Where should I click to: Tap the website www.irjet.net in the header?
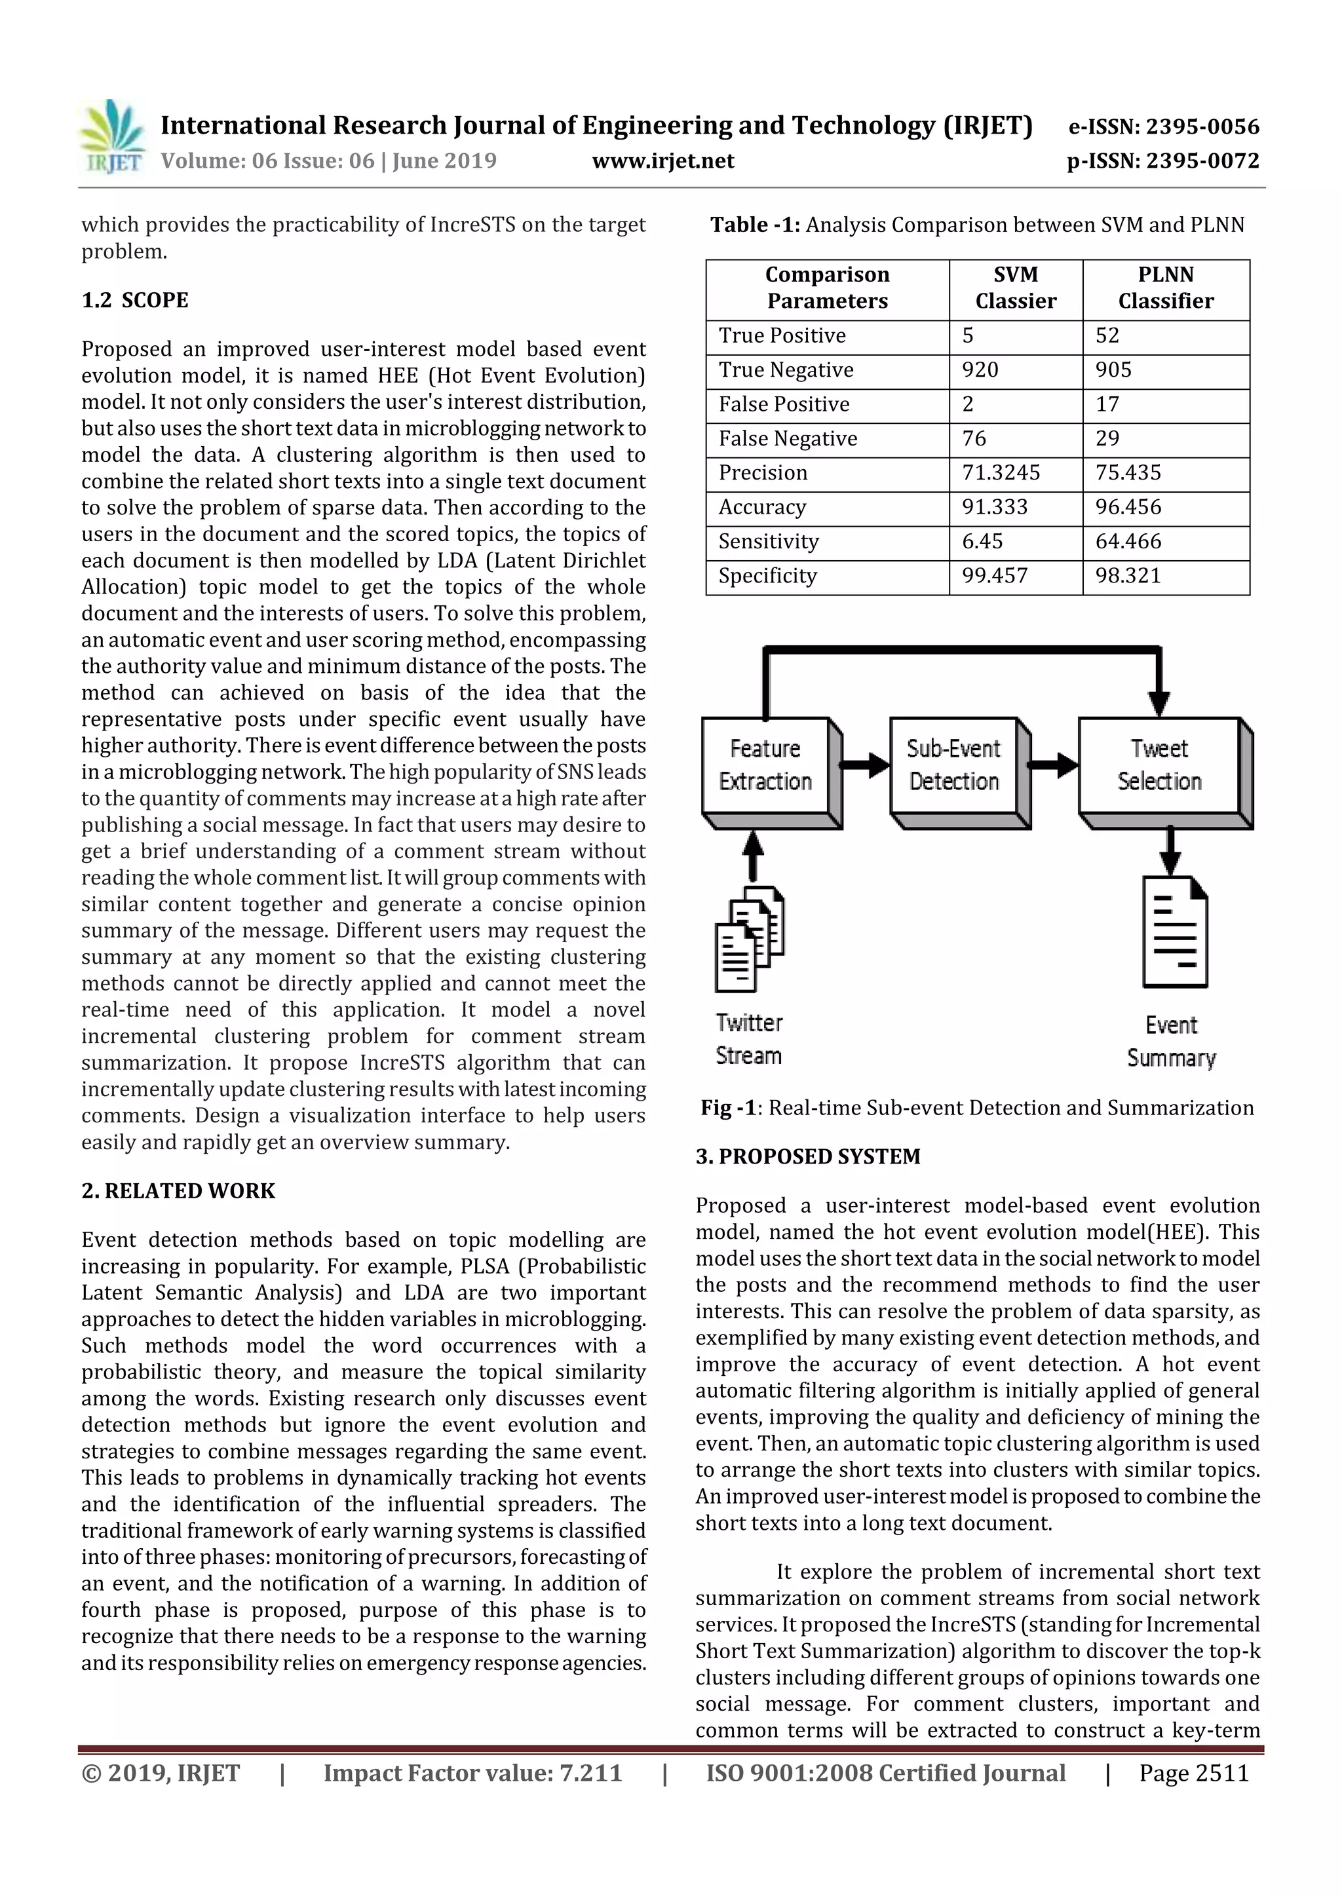coord(663,161)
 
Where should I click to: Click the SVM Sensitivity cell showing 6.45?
coord(982,541)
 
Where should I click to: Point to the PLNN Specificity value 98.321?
coord(1128,575)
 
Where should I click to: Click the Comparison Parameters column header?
coord(827,288)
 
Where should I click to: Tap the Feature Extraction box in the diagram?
coord(765,765)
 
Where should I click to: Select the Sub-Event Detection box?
coord(954,765)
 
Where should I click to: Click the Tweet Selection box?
coord(1159,765)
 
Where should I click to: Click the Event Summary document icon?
coord(1174,932)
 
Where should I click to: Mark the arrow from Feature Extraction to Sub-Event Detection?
coord(866,765)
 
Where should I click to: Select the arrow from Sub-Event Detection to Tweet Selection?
coord(1054,765)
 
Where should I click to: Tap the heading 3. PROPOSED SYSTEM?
coord(807,1156)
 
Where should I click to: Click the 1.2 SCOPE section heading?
coord(135,300)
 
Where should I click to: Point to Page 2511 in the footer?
coord(1193,1772)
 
